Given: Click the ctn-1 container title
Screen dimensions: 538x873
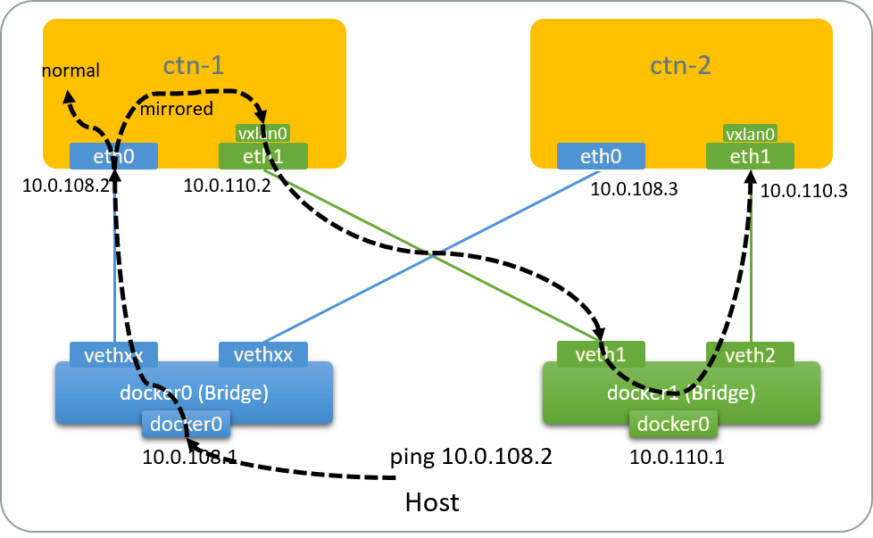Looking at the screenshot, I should pos(194,66).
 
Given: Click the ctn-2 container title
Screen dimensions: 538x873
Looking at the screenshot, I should pos(680,66).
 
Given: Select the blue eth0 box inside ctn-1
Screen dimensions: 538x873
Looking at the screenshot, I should pos(113,157).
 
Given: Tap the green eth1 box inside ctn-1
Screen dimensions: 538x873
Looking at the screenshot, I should pos(262,157).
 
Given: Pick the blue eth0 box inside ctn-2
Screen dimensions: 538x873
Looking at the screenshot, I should pos(601,157).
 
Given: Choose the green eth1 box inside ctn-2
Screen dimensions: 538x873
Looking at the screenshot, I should pos(750,157).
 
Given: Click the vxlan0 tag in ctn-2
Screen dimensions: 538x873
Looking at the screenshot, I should pos(750,134).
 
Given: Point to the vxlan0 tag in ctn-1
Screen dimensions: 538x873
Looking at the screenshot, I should pos(262,134).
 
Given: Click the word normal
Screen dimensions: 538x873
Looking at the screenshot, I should pos(71,70).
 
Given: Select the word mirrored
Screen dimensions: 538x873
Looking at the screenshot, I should pos(178,109).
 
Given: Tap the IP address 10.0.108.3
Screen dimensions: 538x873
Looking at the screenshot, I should pos(633,188).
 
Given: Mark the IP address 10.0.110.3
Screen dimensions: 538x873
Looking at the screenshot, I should pos(802,190).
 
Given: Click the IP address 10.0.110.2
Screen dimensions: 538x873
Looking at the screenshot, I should pos(227,186).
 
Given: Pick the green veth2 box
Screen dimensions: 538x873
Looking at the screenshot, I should pos(750,354).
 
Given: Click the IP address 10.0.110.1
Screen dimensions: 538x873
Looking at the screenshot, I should pos(677,459).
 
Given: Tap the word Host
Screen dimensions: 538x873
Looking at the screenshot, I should pos(432,502).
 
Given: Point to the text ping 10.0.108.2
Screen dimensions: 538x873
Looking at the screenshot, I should pos(471,458).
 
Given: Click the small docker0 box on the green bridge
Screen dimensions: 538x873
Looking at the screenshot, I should pos(674,425).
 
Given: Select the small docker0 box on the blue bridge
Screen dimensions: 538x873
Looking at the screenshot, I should pos(186,425).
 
